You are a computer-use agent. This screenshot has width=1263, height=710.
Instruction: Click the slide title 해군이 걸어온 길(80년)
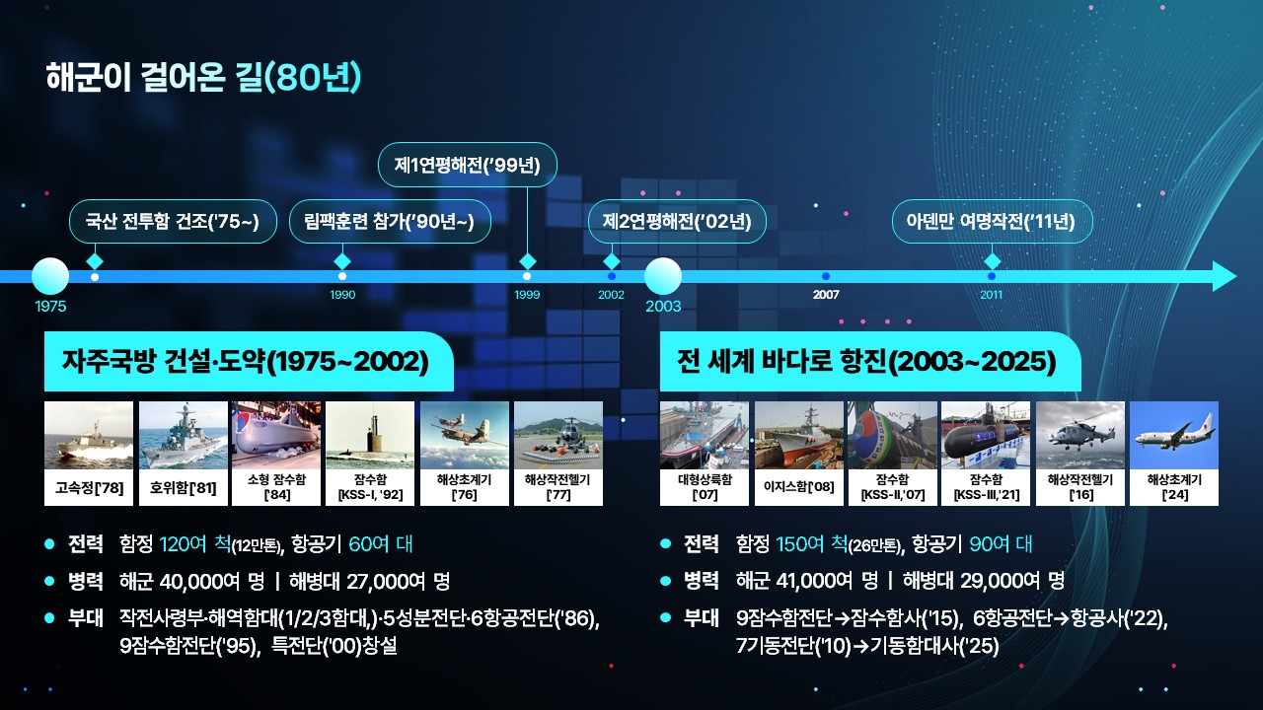click(x=203, y=77)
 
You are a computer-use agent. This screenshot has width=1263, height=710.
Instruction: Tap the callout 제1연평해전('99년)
click(x=467, y=165)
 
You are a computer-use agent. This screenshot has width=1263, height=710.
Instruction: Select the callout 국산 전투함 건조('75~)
click(x=173, y=222)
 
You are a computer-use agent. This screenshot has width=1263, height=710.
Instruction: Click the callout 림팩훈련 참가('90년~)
click(x=390, y=222)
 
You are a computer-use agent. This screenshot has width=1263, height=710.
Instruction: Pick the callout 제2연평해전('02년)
click(x=677, y=222)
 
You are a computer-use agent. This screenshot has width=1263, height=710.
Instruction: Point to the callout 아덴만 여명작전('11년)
click(x=992, y=222)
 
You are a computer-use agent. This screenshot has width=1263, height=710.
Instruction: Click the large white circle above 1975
click(x=50, y=276)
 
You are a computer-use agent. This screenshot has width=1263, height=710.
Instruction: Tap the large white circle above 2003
click(x=663, y=276)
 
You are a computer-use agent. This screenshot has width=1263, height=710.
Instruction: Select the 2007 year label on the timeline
click(x=826, y=294)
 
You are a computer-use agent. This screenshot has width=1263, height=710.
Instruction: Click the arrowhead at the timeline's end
click(x=1225, y=276)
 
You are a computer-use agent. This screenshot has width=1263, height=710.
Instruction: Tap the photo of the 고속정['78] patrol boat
click(x=89, y=435)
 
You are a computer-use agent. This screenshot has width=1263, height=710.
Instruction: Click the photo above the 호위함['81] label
click(x=184, y=435)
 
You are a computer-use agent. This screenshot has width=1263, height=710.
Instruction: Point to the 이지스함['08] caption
click(x=799, y=487)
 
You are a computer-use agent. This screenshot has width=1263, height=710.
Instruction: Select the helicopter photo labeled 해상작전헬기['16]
click(x=1080, y=435)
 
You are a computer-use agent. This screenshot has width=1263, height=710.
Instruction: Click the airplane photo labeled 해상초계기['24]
click(x=1174, y=435)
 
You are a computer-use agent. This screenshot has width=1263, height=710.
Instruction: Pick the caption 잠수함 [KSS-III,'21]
click(x=986, y=487)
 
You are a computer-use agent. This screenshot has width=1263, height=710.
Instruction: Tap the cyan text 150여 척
click(x=812, y=543)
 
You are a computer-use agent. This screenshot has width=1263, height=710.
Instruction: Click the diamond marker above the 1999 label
click(x=527, y=261)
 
